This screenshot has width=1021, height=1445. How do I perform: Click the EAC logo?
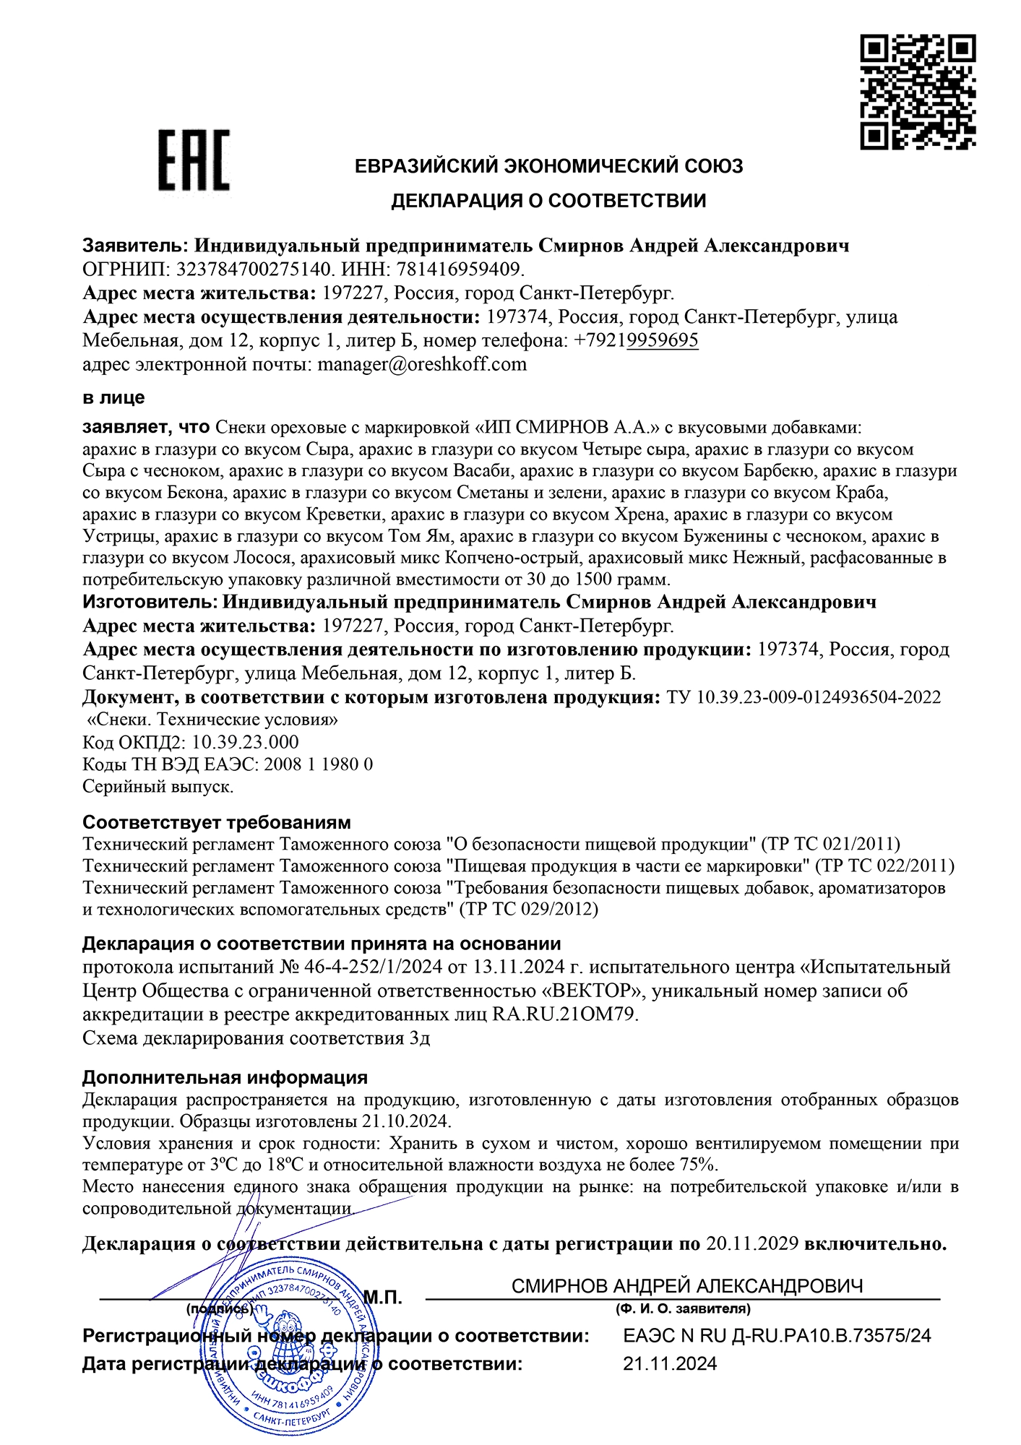pos(194,160)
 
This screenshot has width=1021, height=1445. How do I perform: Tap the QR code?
pos(918,92)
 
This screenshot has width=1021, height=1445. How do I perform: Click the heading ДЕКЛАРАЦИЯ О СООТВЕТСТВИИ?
pos(548,201)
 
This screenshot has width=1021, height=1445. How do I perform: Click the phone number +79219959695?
pos(636,340)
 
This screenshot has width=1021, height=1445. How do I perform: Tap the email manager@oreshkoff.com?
pos(422,364)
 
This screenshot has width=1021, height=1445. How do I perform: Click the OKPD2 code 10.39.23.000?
pos(245,742)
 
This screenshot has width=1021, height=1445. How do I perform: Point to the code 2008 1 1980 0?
pos(319,764)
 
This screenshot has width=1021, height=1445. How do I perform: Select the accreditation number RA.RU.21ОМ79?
pos(564,1014)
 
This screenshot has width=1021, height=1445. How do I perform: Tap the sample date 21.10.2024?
pos(405,1121)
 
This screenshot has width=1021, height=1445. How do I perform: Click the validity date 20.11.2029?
pos(751,1243)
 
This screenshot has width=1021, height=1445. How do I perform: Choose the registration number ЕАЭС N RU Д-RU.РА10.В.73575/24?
pos(777,1336)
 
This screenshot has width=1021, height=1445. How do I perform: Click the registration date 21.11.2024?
pos(670,1364)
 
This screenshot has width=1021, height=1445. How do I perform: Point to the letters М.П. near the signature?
pos(382,1298)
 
